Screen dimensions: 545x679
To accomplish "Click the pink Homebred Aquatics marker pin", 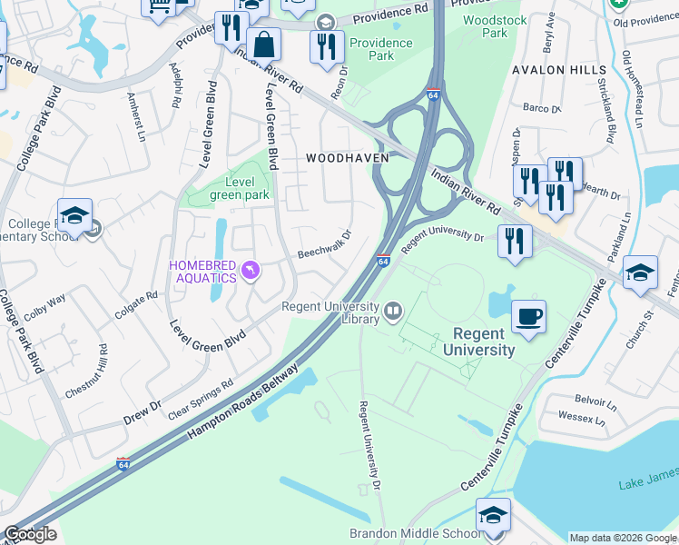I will [251, 270].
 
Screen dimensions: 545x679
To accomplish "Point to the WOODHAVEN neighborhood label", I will [347, 157].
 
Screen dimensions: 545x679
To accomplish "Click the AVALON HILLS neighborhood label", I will [559, 70].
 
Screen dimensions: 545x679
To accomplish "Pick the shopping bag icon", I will [264, 44].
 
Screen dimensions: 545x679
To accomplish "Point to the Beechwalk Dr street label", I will [324, 245].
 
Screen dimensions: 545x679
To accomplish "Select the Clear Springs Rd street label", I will [201, 399].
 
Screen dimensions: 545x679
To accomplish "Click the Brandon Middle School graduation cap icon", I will [493, 515].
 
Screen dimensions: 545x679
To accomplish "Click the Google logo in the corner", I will [29, 534].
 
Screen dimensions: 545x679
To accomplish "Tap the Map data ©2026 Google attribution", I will [623, 537].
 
